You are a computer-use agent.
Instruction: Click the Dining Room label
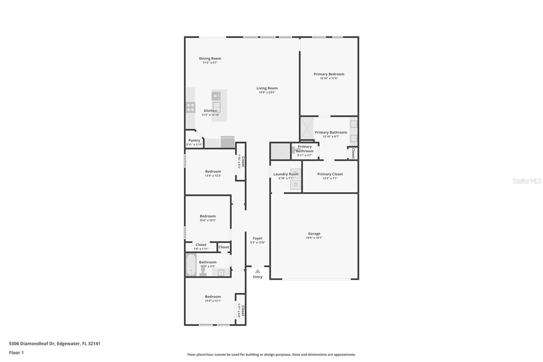[x=210, y=58]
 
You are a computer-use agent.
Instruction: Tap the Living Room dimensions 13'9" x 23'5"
[x=267, y=92]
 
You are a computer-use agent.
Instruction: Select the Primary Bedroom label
[x=329, y=74]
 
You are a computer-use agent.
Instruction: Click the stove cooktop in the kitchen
[x=190, y=108]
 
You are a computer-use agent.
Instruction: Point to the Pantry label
[x=194, y=141]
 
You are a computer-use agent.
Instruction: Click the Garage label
[x=314, y=234]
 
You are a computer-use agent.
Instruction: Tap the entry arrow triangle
[x=258, y=271]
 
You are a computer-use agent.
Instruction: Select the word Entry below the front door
[x=258, y=277]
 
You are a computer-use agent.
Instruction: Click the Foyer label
[x=258, y=238]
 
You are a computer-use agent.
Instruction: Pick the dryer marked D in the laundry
[x=296, y=185]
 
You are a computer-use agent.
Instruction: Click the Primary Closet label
[x=330, y=174]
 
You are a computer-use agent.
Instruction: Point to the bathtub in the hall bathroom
[x=191, y=265]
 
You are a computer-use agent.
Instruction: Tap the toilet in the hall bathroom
[x=203, y=272]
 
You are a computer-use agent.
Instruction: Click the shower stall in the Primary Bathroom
[x=307, y=128]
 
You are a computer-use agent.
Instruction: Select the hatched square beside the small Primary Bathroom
[x=280, y=151]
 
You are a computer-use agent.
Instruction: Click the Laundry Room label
[x=286, y=174]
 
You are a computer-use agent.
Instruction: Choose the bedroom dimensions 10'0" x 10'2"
[x=208, y=220]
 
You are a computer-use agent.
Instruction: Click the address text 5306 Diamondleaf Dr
[x=32, y=344]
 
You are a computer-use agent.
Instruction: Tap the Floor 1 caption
[x=16, y=353]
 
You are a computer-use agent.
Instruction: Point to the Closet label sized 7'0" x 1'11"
[x=201, y=245]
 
